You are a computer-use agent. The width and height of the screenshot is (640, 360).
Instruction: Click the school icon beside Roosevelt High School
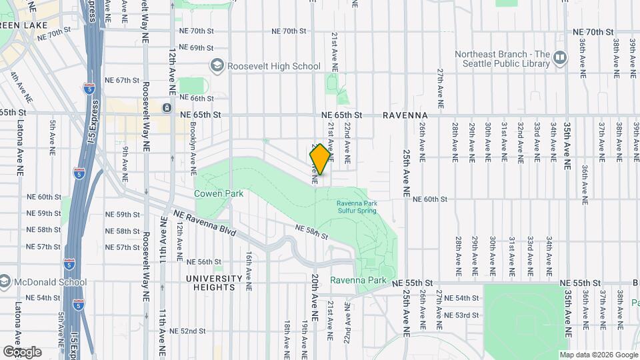click(x=217, y=65)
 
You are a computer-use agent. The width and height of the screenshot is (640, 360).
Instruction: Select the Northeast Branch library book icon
click(x=561, y=59)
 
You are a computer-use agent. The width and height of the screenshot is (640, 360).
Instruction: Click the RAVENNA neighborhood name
click(x=405, y=115)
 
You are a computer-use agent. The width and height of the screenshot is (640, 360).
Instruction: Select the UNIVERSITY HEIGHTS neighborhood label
click(x=214, y=283)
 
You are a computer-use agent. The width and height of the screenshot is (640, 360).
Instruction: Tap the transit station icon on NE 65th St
click(x=166, y=107)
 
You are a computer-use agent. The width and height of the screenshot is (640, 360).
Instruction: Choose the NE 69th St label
click(x=192, y=48)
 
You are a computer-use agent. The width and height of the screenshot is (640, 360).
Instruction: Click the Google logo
click(x=22, y=351)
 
